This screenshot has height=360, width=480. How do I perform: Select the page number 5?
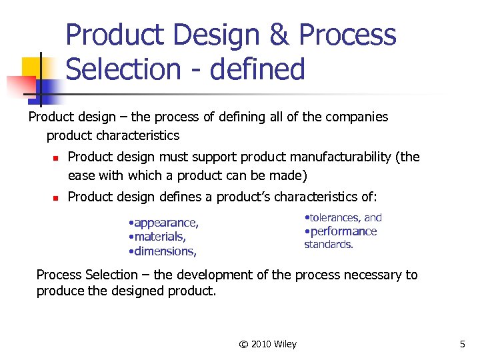click(x=462, y=344)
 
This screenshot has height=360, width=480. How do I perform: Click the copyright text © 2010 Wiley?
click(x=268, y=344)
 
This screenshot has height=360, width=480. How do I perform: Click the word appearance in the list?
click(x=165, y=223)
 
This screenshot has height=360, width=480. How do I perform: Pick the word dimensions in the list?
click(x=165, y=251)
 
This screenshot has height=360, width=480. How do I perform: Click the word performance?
click(x=343, y=231)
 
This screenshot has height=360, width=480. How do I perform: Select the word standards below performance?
click(x=329, y=245)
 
